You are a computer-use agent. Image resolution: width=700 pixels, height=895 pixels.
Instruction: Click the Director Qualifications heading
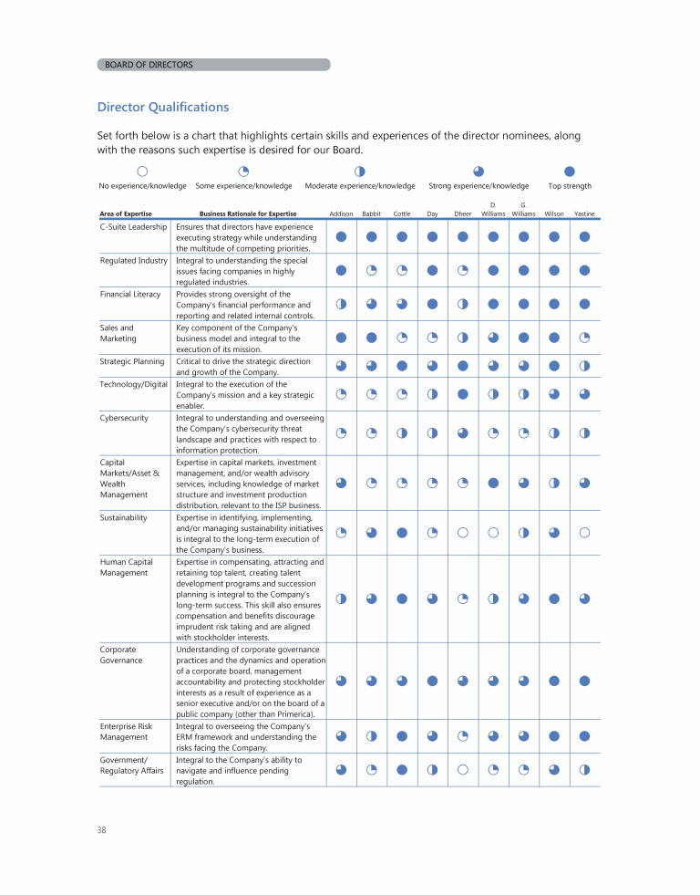coord(162,107)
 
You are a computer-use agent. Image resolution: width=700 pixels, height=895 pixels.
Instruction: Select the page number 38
coord(102,829)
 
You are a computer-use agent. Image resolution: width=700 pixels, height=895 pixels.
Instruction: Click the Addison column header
coord(341,213)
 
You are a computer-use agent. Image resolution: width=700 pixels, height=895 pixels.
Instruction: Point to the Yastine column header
coord(584,213)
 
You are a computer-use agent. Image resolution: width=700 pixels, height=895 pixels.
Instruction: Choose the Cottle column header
coord(401,213)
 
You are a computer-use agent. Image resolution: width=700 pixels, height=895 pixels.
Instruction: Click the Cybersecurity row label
coord(124,417)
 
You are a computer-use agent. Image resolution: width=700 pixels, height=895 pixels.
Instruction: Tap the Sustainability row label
coord(124,517)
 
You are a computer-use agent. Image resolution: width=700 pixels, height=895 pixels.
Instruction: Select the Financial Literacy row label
coord(130,294)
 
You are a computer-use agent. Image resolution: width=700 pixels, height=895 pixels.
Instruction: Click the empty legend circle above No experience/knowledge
coord(142,171)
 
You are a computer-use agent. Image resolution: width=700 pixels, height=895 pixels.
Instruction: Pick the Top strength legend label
coord(570,186)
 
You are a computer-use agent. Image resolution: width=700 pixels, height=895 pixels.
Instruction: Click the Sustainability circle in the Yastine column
coord(584,532)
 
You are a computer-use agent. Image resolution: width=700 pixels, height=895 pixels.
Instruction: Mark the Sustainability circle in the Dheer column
coord(463,532)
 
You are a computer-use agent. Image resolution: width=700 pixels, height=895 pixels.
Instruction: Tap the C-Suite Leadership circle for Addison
coord(341,236)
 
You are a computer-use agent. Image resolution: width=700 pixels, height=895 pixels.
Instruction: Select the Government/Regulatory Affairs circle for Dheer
coord(463,769)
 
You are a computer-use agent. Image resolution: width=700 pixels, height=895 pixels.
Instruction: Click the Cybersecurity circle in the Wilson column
coord(554,432)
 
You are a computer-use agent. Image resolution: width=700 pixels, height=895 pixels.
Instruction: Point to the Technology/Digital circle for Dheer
coord(463,394)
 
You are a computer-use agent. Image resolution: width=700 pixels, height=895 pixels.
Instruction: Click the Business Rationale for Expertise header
coord(248,213)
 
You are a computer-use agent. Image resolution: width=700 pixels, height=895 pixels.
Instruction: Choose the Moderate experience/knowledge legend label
coord(360,186)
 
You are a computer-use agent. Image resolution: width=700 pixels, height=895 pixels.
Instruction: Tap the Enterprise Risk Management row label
coord(126,732)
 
